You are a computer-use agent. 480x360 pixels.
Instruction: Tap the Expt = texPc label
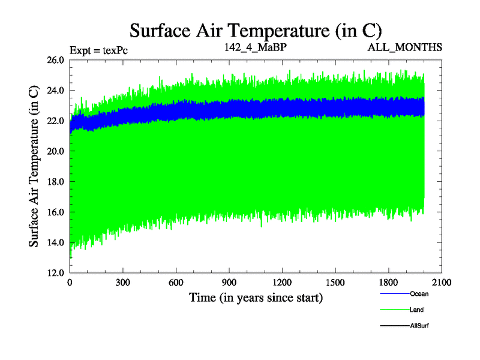tap(98, 50)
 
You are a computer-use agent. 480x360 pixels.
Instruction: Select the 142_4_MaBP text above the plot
tap(247, 47)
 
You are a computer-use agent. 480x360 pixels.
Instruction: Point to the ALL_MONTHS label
tap(405, 47)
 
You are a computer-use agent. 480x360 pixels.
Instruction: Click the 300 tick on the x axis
tap(123, 283)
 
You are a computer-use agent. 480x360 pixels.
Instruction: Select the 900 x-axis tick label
tap(229, 283)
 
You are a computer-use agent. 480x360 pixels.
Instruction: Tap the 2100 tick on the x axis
tap(441, 283)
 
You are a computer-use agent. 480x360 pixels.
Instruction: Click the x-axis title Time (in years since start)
tap(256, 297)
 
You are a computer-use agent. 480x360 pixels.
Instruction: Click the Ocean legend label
tap(419, 294)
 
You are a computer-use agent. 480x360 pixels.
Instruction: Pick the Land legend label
tap(417, 310)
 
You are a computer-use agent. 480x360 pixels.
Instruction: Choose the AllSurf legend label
tap(419, 326)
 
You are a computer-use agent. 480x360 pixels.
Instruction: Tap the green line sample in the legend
tap(394, 310)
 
